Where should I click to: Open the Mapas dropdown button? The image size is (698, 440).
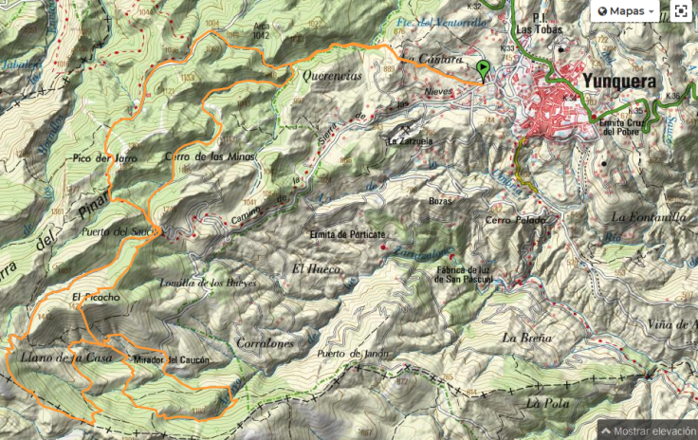point(625,10)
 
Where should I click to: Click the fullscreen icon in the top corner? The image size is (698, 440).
point(681,10)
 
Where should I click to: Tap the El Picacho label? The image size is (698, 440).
point(95,298)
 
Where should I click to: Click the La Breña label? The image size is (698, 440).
point(522,338)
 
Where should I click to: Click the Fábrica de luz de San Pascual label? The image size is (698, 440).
point(463,275)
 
